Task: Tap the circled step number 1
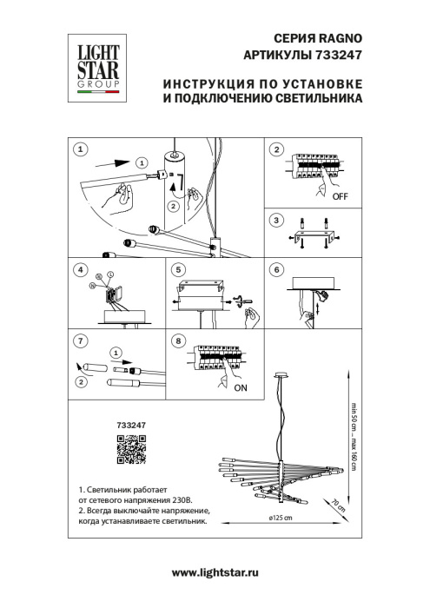pyautogui.click(x=80, y=149)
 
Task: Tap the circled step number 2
pyautogui.click(x=277, y=149)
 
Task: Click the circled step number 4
pyautogui.click(x=80, y=270)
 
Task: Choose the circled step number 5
pyautogui.click(x=179, y=270)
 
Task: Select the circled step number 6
pyautogui.click(x=277, y=270)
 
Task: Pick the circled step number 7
pyautogui.click(x=80, y=340)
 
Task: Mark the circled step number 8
pyautogui.click(x=179, y=340)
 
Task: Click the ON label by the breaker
pyautogui.click(x=241, y=388)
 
